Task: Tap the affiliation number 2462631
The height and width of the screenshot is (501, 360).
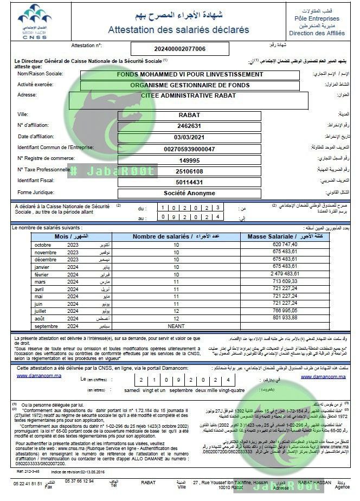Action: [x=190, y=125]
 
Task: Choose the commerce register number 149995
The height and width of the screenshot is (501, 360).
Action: [x=190, y=160]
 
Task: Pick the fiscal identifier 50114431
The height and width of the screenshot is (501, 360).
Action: [x=190, y=182]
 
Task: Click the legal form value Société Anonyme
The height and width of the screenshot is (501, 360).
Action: [x=190, y=193]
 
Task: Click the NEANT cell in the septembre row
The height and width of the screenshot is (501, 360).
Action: [x=176, y=326]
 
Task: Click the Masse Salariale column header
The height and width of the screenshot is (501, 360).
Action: [x=271, y=237]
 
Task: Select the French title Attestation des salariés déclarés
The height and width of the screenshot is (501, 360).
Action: [x=178, y=29]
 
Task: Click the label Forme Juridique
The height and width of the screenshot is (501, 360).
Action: [x=36, y=193]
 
